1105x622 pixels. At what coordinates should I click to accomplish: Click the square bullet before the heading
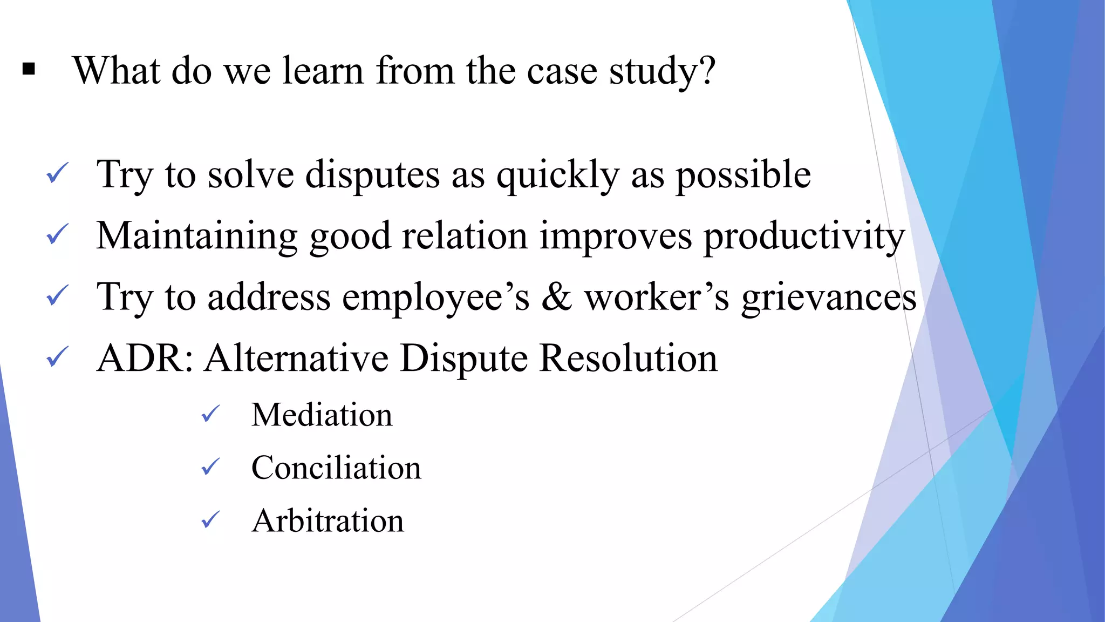[29, 70]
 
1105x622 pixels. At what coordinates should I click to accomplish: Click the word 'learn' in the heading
[323, 71]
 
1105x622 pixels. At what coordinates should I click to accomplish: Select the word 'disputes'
[372, 175]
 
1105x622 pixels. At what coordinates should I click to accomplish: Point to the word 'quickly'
[557, 175]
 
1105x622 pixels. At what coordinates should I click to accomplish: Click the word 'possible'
[743, 175]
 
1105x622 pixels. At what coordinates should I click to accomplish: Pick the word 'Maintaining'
[197, 236]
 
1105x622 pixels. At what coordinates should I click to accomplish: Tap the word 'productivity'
[804, 236]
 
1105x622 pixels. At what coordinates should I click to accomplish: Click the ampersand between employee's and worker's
[556, 297]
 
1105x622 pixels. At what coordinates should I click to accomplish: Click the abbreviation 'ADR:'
[145, 358]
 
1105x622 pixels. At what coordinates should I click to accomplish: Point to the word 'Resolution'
[629, 358]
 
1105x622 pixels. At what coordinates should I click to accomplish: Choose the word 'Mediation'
[322, 415]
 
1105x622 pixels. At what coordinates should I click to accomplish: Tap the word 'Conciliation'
[336, 468]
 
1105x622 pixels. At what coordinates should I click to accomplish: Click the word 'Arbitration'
[328, 520]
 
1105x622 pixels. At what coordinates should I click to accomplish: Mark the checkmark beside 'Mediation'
[210, 414]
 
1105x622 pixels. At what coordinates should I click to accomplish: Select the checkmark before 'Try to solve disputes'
[57, 173]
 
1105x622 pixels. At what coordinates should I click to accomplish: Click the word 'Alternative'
[296, 358]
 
